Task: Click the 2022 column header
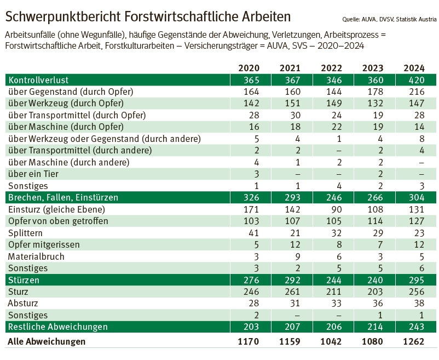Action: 331,68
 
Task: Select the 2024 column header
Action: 414,68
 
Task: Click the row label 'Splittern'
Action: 26,233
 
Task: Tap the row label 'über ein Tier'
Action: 33,174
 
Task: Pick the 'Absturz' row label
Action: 24,304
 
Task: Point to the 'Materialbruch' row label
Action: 36,256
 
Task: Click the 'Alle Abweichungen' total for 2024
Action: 414,341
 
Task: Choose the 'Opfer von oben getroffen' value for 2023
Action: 373,221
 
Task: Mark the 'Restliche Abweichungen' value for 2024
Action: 414,327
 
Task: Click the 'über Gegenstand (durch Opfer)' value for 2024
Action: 414,92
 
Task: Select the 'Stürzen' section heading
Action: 24,280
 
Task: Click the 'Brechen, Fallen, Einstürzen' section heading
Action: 63,197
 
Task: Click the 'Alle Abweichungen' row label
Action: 47,341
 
